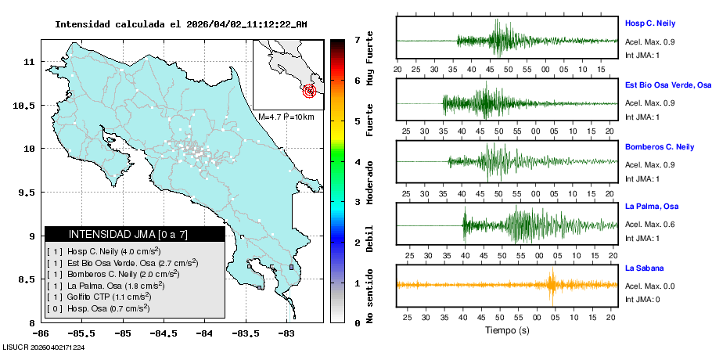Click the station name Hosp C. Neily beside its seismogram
coord(649,23)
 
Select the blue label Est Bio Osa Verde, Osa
coord(667,85)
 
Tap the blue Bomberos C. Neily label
coord(659,147)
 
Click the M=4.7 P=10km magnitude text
coord(286,117)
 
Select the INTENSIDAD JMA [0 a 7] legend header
coord(135,234)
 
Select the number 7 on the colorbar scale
coord(356,39)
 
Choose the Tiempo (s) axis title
coord(507,331)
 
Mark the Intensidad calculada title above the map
coord(181,24)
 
